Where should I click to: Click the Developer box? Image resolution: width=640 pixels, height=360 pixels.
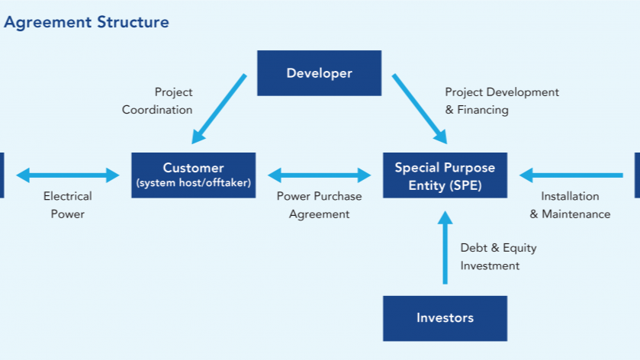[319, 73]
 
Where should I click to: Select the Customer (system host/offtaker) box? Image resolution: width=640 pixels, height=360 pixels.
[194, 175]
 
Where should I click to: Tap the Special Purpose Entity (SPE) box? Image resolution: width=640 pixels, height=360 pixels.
[445, 175]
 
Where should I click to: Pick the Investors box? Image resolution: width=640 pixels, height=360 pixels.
[445, 318]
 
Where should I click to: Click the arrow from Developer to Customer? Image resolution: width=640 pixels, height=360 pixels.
[219, 109]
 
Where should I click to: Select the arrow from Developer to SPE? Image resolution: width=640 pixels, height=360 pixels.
[420, 109]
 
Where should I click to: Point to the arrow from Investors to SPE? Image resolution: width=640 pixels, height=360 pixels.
[445, 247]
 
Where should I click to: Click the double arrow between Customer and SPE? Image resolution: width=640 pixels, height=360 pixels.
[319, 175]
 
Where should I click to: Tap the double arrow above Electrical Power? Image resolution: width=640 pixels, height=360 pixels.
[68, 175]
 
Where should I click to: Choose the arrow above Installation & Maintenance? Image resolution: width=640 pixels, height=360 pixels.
[571, 175]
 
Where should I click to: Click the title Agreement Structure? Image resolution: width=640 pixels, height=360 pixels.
[86, 22]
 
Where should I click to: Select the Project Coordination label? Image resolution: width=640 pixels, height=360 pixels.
[157, 101]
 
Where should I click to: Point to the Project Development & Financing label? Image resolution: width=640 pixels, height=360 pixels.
[502, 101]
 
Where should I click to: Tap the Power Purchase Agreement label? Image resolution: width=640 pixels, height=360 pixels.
[319, 205]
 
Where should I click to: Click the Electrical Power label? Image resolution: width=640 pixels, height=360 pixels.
[68, 205]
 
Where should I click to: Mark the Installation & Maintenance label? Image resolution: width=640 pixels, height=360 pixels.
[571, 205]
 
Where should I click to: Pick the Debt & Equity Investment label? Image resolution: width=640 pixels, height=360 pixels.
[498, 257]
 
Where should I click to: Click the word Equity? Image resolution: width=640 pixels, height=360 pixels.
[519, 248]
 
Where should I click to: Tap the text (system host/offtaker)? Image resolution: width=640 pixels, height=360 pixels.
[194, 182]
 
